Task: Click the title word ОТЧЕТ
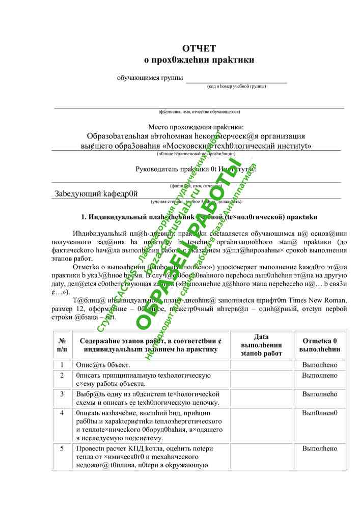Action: point(199,48)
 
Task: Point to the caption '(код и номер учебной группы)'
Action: point(236,87)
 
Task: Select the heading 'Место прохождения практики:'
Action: point(196,127)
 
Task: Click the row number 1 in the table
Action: point(62,365)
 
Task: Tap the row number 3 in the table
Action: point(62,394)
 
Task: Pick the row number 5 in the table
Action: point(62,448)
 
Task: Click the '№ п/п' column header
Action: point(62,345)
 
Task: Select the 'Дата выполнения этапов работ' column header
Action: point(261,345)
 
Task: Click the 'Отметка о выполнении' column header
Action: point(319,345)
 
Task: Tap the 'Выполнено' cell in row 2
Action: point(319,376)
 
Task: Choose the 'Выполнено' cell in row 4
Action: point(319,413)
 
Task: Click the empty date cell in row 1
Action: point(261,365)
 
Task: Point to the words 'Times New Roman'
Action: point(318,300)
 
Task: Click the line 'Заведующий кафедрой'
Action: point(96,193)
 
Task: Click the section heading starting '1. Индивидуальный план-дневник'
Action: point(199,217)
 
